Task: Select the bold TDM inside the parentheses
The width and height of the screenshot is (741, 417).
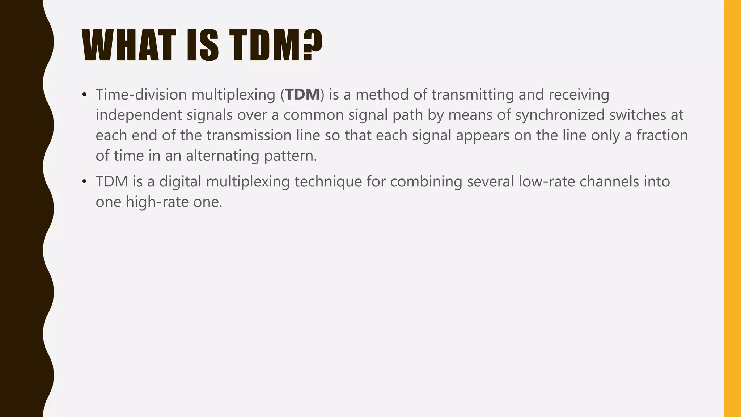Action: point(302,94)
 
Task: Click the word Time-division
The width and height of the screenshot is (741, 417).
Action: point(141,94)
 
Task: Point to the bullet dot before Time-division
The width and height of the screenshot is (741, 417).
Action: point(84,95)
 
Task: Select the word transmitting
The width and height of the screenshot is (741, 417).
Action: point(473,94)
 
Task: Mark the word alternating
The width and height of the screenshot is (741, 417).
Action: point(223,156)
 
